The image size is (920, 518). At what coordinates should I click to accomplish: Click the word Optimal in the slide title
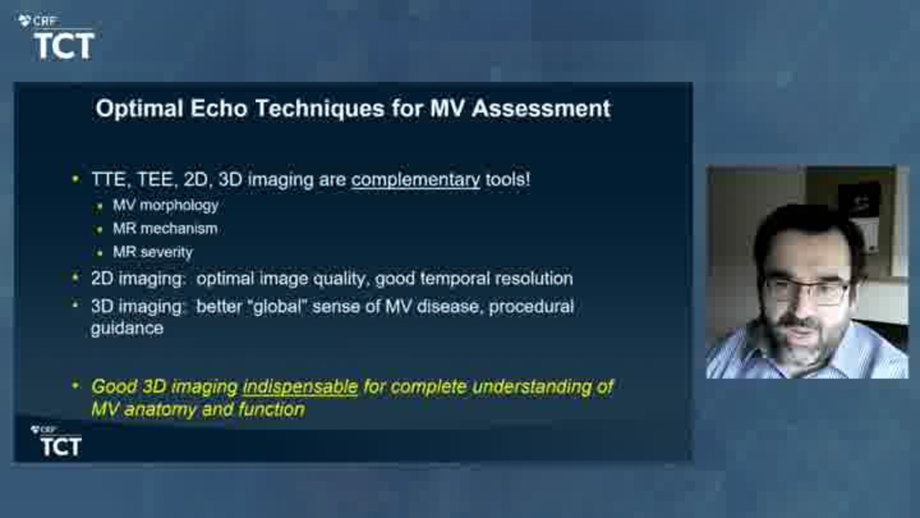coord(139,109)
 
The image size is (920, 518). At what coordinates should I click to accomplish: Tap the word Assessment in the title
coord(541,109)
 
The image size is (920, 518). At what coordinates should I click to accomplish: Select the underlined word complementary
coord(415,180)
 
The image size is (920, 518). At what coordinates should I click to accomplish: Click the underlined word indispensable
coord(300,387)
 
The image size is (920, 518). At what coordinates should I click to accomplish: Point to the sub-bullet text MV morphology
coord(165,205)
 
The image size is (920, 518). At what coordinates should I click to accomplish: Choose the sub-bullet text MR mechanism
coord(165,229)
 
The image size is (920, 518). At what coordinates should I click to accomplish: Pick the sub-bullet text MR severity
coord(152,252)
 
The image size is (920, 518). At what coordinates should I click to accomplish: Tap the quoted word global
coord(277,306)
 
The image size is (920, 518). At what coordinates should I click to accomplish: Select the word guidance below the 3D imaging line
coord(127,329)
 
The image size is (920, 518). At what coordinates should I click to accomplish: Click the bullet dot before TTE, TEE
coord(75,179)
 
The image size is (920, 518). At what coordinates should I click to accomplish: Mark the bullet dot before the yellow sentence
coord(75,386)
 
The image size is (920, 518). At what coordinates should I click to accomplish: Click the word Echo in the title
coord(218,109)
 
